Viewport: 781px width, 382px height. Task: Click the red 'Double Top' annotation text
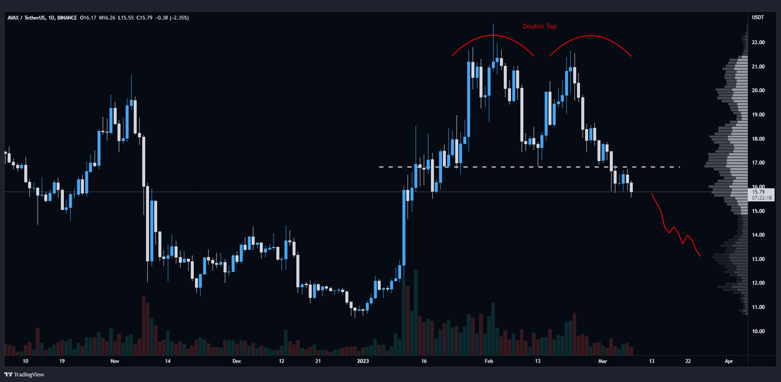pyautogui.click(x=539, y=27)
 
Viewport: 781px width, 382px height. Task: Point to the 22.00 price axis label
pyautogui.click(x=758, y=42)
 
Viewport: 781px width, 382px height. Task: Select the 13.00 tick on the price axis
pyautogui.click(x=758, y=259)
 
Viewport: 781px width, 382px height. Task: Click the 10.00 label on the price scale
pyautogui.click(x=758, y=331)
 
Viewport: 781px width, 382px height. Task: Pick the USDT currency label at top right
pyautogui.click(x=758, y=18)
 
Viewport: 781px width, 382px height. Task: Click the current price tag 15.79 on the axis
pyautogui.click(x=758, y=192)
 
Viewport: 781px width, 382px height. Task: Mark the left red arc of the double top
pyautogui.click(x=493, y=38)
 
